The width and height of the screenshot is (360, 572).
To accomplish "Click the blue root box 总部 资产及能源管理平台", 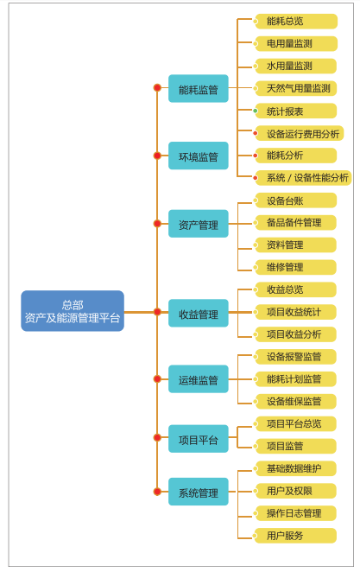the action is pyautogui.click(x=73, y=311).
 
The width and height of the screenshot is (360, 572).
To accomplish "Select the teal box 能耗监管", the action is pyautogui.click(x=199, y=89).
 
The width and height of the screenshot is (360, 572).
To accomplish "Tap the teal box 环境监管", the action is pyautogui.click(x=199, y=156).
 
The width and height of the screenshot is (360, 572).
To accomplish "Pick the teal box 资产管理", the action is pyautogui.click(x=199, y=224).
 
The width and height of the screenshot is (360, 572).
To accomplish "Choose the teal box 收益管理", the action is pyautogui.click(x=199, y=313).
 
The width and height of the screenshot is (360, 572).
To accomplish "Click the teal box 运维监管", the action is pyautogui.click(x=199, y=379).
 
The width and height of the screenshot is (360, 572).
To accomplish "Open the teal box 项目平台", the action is pyautogui.click(x=199, y=439).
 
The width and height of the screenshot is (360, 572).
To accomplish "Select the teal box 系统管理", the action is pyautogui.click(x=199, y=492).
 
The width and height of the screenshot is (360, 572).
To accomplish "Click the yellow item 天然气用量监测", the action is pyautogui.click(x=295, y=88).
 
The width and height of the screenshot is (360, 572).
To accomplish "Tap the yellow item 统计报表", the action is pyautogui.click(x=295, y=111).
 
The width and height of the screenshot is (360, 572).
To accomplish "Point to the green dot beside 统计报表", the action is pyautogui.click(x=256, y=111).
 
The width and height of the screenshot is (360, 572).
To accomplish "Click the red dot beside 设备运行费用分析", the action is pyautogui.click(x=256, y=133).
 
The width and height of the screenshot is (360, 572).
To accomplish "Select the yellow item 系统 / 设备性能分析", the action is pyautogui.click(x=303, y=178).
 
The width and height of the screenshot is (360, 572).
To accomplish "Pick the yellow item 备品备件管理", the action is pyautogui.click(x=295, y=223).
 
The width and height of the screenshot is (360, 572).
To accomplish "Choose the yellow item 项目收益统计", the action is pyautogui.click(x=295, y=312).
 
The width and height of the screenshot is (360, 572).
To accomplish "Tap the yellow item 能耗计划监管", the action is pyautogui.click(x=295, y=379).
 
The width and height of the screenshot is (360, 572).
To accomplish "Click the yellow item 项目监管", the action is pyautogui.click(x=295, y=446).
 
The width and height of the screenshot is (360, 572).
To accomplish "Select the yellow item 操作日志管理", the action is pyautogui.click(x=295, y=513).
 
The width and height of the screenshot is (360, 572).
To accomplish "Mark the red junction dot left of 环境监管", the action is pyautogui.click(x=157, y=156).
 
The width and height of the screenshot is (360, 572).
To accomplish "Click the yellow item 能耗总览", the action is pyautogui.click(x=295, y=21).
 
